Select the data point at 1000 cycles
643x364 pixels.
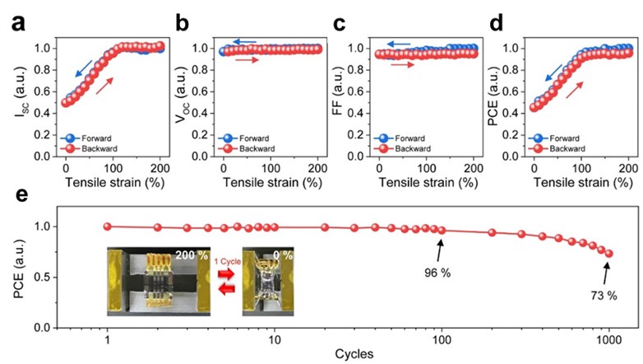(609, 254)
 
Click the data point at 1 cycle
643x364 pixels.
(107, 226)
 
